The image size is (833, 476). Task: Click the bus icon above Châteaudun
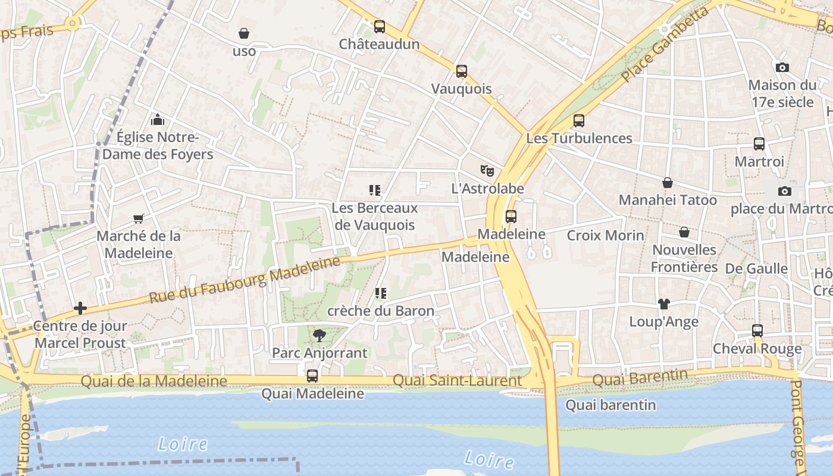pos(379,27)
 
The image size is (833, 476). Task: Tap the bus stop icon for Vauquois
pos(461,71)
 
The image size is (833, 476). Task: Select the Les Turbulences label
pos(579,138)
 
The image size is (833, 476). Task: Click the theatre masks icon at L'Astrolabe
pos(487,171)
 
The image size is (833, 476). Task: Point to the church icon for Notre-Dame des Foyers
pos(157,120)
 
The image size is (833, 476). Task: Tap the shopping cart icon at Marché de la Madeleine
pos(139,218)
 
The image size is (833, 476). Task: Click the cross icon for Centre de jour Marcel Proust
pos(80,308)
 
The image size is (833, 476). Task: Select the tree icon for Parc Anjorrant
pos(320,336)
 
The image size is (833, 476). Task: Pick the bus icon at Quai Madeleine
pos(312,376)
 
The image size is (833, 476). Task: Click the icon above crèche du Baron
pos(381,293)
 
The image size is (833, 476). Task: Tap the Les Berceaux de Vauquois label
pos(375,217)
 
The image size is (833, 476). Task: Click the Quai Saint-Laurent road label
pos(457,380)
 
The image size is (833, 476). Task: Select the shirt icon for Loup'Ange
pos(664,304)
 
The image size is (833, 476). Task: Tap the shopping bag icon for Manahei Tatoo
pos(668,183)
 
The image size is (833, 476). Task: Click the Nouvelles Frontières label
pos(684,258)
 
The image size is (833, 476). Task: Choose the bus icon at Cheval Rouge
pos(757,331)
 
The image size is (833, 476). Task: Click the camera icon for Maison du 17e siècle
pos(782,68)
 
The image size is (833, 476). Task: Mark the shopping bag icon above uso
pos(244,33)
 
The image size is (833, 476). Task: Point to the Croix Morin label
pos(605,235)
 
